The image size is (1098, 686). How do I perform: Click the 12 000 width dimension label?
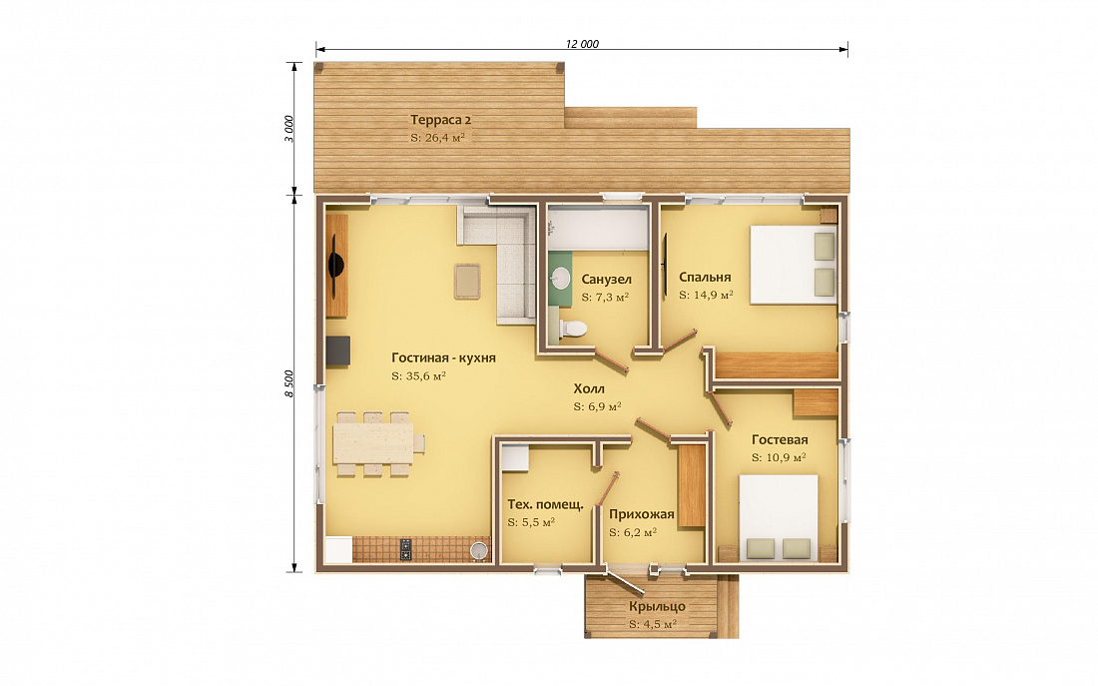582,44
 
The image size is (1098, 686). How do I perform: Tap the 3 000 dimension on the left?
289,128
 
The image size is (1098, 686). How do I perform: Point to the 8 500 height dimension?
289,382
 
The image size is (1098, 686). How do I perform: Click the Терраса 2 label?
440,119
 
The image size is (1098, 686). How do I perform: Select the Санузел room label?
607,280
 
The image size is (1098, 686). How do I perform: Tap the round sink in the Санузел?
561,279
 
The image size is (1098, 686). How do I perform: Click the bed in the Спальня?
794,264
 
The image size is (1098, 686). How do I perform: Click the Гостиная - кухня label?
443,358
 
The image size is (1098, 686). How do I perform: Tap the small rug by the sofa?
466,281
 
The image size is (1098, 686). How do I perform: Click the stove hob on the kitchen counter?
406,550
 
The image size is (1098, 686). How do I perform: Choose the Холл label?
589,388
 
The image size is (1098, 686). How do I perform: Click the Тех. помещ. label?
545,504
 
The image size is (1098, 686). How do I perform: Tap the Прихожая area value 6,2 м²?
632,532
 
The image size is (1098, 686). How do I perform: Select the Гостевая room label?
780,440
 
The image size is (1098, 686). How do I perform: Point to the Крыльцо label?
657,607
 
